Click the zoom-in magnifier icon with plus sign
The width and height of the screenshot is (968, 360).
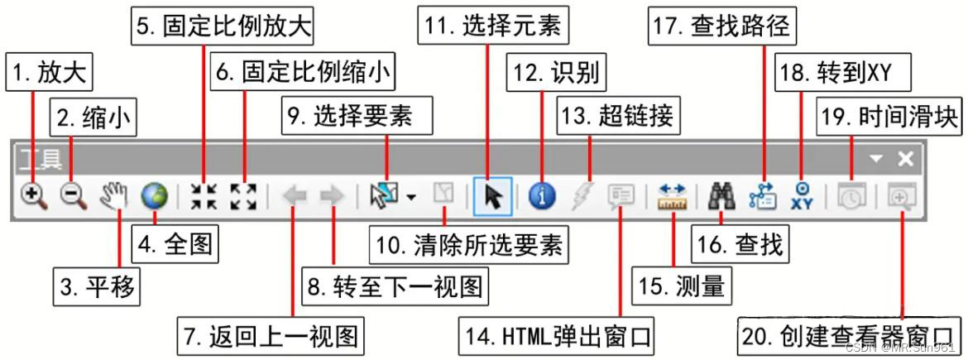[x=34, y=196]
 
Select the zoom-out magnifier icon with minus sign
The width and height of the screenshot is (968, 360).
[x=73, y=196]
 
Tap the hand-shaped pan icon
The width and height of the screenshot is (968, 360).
[x=116, y=196]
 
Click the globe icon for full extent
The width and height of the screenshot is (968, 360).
[x=154, y=196]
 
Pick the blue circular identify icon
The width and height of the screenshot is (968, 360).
[x=541, y=196]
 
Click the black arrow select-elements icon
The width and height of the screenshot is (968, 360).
[x=493, y=196]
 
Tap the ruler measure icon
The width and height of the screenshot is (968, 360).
[x=673, y=196]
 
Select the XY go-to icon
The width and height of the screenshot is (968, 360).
[x=802, y=196]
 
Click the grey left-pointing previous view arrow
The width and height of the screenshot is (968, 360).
[x=295, y=196]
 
